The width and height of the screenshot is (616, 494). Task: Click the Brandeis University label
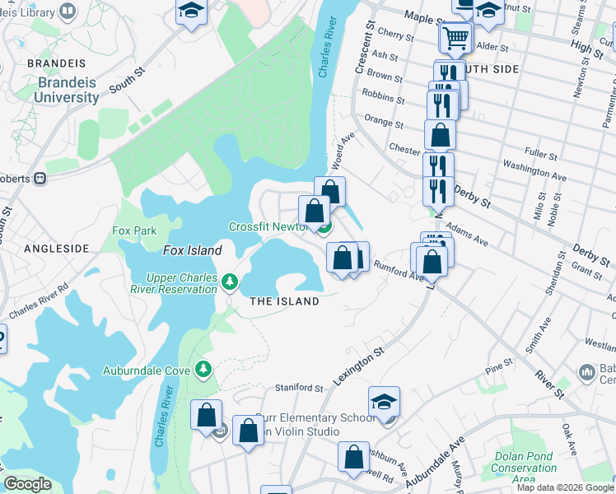coord(67,90)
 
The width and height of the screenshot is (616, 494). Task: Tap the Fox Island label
coord(193,250)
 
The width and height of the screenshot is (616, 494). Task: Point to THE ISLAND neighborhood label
coord(284,301)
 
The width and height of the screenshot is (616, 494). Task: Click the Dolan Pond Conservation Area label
coord(525,462)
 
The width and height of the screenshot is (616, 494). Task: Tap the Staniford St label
coord(299,387)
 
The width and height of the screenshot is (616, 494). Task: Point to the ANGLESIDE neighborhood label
coord(56,248)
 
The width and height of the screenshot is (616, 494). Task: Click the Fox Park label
coord(134,231)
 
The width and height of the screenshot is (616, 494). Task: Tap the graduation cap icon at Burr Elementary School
coord(384,403)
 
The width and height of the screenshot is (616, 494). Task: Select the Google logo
coord(27,484)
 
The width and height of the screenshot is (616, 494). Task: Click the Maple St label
coord(424,17)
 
